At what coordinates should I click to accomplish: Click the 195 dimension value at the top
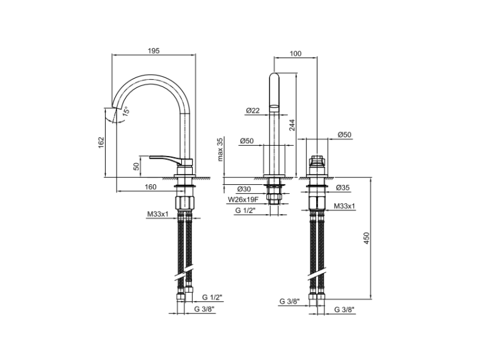pos(153,51)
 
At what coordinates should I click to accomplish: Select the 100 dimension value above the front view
pos(295,54)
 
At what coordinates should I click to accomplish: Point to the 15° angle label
pos(126,111)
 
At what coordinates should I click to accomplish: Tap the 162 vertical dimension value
pos(101,143)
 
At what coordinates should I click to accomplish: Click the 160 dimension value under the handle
pos(150,187)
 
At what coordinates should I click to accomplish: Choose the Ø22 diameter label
pos(252,111)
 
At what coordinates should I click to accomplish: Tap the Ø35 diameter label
pos(342,189)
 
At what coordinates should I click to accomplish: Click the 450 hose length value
pos(367,238)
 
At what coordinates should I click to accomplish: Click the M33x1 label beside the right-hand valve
pos(344,207)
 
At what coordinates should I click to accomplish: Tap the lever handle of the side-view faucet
pos(164,158)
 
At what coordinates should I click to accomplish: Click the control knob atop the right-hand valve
pos(316,160)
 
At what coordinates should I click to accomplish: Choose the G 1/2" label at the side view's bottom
pos(212,298)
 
